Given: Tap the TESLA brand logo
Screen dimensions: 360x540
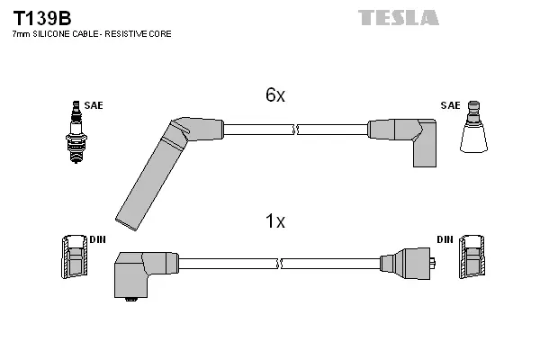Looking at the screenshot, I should pyautogui.click(x=399, y=18).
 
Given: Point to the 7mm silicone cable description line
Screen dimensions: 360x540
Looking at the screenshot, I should pyautogui.click(x=91, y=34).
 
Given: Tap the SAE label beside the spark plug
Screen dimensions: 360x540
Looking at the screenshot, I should pyautogui.click(x=94, y=105).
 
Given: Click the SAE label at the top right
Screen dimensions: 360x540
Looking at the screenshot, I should pyautogui.click(x=450, y=105).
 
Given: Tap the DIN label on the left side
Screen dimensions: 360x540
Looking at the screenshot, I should pyautogui.click(x=97, y=239).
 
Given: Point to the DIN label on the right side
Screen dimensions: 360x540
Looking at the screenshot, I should pyautogui.click(x=445, y=239).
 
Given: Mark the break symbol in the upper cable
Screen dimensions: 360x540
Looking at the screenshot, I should pyautogui.click(x=296, y=130).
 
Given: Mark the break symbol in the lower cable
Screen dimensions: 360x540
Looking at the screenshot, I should pyautogui.click(x=282, y=264).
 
